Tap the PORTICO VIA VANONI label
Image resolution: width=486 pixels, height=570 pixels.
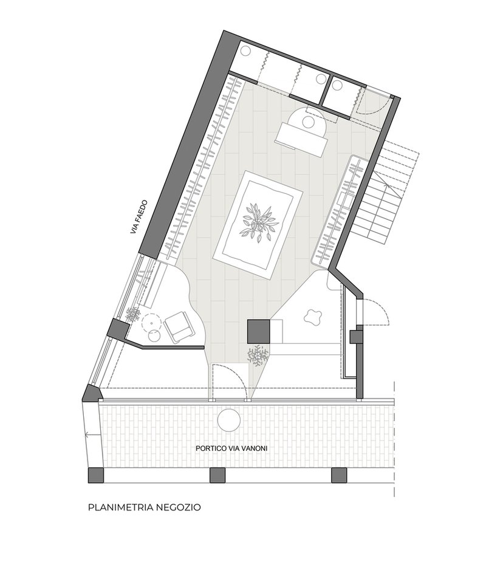click(x=231, y=448)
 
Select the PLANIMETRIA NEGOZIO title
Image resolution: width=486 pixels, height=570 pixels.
click(x=145, y=507)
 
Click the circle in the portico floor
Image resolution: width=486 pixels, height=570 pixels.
click(x=228, y=420)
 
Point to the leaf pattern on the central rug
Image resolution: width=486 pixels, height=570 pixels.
click(x=258, y=223)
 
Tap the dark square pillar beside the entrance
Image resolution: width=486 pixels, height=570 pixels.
click(x=258, y=331)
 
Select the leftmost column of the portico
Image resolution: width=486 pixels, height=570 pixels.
click(x=96, y=475)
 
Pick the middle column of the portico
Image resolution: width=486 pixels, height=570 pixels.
click(x=217, y=475)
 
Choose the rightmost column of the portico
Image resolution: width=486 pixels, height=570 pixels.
click(x=339, y=475)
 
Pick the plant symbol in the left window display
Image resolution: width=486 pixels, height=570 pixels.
click(x=132, y=314)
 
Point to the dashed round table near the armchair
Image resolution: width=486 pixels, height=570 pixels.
click(x=151, y=321)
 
